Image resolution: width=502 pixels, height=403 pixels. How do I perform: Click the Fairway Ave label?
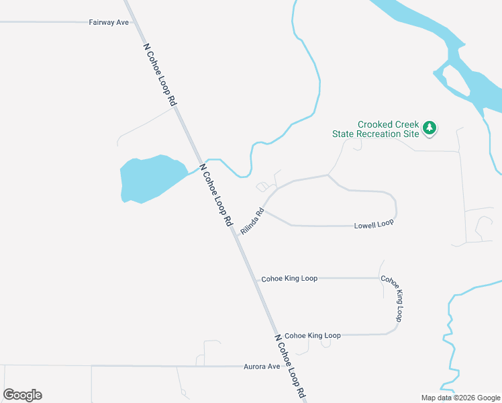coord(109,22)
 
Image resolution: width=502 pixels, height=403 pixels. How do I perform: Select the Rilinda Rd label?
coord(252,222)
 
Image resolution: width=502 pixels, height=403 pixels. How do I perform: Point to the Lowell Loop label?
coord(374,224)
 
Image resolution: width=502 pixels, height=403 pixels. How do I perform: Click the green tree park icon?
coord(430,128)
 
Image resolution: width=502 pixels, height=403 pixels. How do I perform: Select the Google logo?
coord(23,395)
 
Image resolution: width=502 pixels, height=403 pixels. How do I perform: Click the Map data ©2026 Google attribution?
coord(460,398)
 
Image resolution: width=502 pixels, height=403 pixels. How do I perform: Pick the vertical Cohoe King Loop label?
coord(392,298)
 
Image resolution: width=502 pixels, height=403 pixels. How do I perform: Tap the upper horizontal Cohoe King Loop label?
coord(289,278)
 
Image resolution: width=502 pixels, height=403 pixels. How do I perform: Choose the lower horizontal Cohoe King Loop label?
coord(313,335)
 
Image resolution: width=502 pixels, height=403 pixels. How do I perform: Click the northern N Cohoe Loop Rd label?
coord(160,75)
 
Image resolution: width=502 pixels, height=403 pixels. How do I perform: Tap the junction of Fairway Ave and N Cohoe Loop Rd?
coord(137,22)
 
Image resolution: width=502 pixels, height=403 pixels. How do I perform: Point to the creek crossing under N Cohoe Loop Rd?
coord(201,165)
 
